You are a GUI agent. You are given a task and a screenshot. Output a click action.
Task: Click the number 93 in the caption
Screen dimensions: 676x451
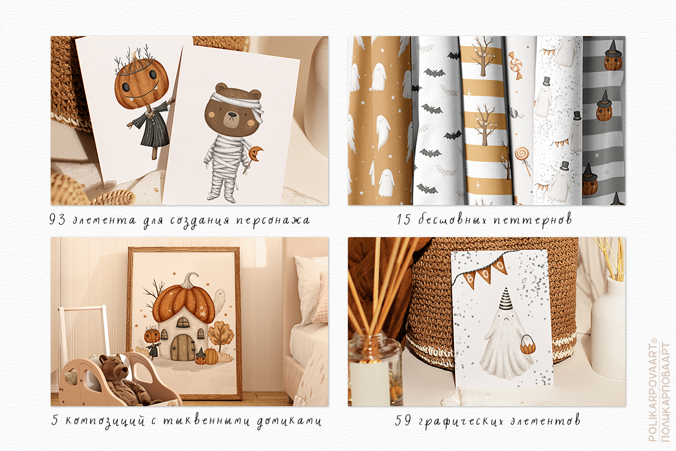(57, 220)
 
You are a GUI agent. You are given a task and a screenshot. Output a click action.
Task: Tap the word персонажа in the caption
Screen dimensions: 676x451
(273, 221)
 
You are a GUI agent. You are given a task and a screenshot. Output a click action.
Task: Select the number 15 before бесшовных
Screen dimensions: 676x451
(404, 220)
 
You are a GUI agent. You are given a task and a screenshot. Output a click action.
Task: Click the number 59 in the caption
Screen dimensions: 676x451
(403, 420)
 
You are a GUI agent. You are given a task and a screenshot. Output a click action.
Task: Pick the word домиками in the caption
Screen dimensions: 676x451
(289, 421)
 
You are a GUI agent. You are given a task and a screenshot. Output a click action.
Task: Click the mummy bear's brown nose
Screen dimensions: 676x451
(233, 115)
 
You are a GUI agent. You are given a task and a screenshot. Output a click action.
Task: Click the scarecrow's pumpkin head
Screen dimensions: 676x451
(141, 83)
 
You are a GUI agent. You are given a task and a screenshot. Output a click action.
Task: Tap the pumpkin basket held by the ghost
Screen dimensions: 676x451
(528, 344)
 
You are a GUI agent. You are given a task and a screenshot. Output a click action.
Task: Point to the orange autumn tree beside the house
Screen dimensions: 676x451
(220, 336)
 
